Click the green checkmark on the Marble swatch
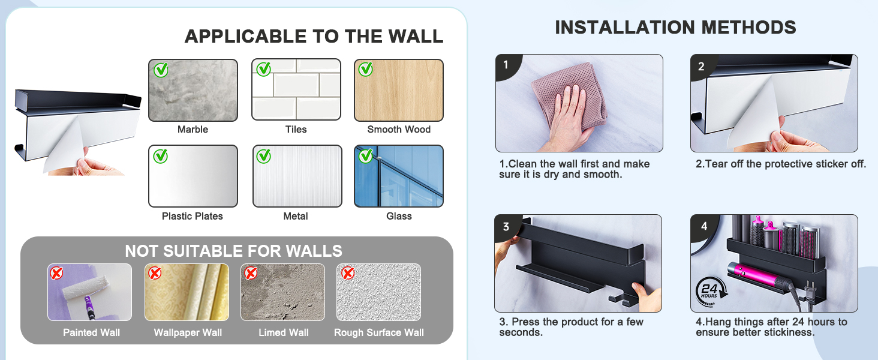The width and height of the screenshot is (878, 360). [161, 70]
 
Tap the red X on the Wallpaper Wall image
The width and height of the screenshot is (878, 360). [155, 272]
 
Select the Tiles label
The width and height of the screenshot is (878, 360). [296, 130]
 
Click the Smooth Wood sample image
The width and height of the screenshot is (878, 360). [399, 90]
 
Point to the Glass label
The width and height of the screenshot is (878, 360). [399, 216]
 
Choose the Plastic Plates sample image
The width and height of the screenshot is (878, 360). [193, 176]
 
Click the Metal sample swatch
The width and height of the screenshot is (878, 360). [297, 176]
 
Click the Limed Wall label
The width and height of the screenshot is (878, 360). [284, 332]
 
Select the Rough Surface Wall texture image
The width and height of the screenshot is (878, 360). [378, 292]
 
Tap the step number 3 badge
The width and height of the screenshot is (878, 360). [507, 227]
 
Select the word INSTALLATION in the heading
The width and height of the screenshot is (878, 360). [625, 28]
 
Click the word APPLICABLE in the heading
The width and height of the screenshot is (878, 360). [245, 37]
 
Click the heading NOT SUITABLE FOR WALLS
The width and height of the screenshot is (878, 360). [234, 251]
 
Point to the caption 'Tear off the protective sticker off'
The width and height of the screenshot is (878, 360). [781, 164]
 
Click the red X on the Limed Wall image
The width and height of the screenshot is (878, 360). [251, 272]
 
